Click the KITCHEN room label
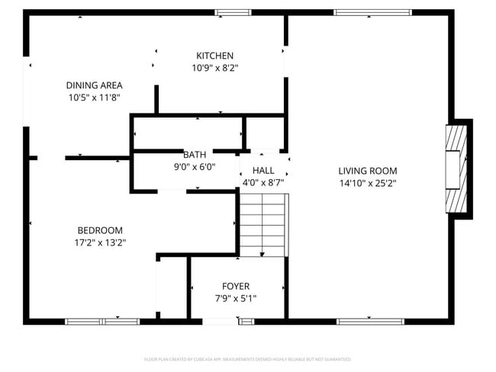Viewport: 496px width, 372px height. [x=214, y=56]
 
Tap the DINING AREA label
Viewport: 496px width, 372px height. [x=94, y=85]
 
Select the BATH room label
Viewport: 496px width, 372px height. [x=195, y=154]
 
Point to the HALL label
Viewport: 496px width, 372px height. [x=263, y=171]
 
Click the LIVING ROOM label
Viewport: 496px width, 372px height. [x=368, y=171]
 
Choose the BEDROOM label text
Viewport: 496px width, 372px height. [x=100, y=230]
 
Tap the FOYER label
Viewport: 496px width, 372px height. [x=236, y=286]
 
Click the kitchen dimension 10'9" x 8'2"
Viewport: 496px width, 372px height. [x=214, y=68]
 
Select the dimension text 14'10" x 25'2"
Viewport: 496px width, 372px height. [x=368, y=183]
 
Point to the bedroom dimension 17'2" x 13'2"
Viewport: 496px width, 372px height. [x=100, y=242]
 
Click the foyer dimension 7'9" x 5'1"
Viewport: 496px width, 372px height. [x=236, y=298]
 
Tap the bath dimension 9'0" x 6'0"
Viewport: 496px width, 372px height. [x=195, y=166]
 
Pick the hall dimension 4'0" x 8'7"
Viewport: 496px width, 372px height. [x=263, y=183]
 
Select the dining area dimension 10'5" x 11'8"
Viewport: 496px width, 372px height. [x=94, y=98]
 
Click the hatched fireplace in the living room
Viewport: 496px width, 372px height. [x=456, y=168]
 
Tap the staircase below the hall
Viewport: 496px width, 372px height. [x=263, y=225]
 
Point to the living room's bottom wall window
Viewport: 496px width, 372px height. [x=370, y=322]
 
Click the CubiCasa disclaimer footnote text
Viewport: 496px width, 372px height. [x=247, y=358]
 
